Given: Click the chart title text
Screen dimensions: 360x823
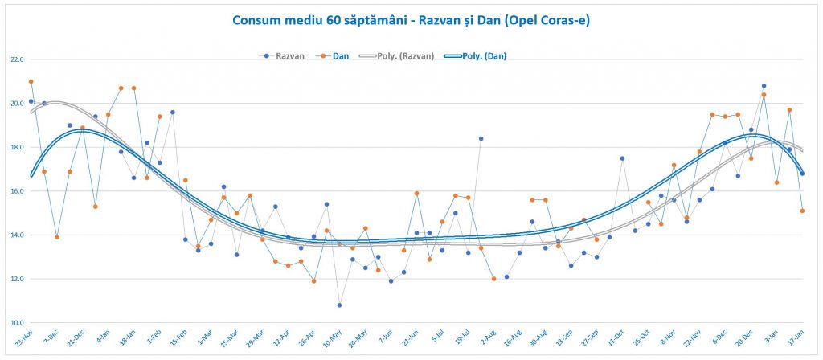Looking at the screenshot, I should click(x=411, y=20).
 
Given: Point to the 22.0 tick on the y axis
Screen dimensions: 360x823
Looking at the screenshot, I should click(x=16, y=59).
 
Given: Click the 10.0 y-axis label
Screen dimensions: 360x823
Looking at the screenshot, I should click(x=16, y=323).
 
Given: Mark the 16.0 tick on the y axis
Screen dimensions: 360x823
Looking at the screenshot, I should click(x=16, y=191).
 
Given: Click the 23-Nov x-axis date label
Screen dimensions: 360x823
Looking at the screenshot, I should click(x=22, y=341).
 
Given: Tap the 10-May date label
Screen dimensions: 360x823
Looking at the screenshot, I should click(x=330, y=341).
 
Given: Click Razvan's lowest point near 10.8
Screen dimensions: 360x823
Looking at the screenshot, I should click(x=339, y=305).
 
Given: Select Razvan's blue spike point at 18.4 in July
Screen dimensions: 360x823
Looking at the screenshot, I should click(x=481, y=138).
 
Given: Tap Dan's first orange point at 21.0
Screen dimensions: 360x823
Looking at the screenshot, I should click(x=31, y=81).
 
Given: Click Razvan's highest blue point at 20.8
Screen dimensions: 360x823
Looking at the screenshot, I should click(x=764, y=86).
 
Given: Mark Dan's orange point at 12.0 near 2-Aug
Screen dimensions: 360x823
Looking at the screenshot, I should click(x=493, y=279).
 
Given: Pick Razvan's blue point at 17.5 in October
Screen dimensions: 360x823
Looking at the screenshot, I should click(x=622, y=158).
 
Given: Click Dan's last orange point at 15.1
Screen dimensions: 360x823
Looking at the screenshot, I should click(x=802, y=211).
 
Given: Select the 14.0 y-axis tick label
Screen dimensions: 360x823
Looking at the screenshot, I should click(x=16, y=235).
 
